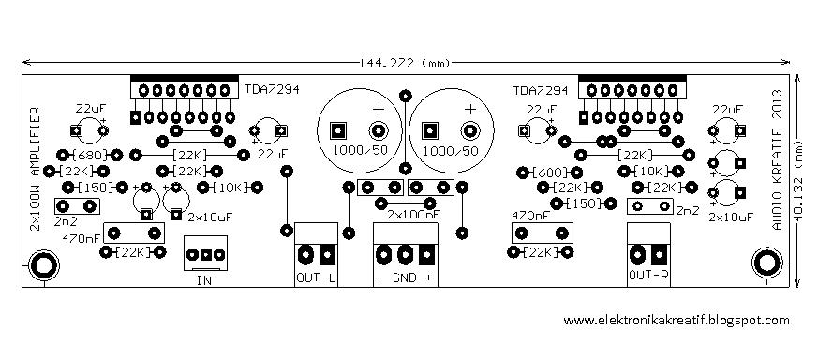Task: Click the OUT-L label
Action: click(315, 277)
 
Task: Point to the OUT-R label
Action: click(648, 276)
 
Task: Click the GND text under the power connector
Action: click(405, 278)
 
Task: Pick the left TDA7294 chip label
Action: click(273, 90)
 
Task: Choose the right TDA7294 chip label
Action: click(541, 91)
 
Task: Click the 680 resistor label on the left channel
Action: click(90, 155)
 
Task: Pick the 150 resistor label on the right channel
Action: click(586, 202)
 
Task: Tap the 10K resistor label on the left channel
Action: click(230, 187)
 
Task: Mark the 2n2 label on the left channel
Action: click(66, 222)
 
